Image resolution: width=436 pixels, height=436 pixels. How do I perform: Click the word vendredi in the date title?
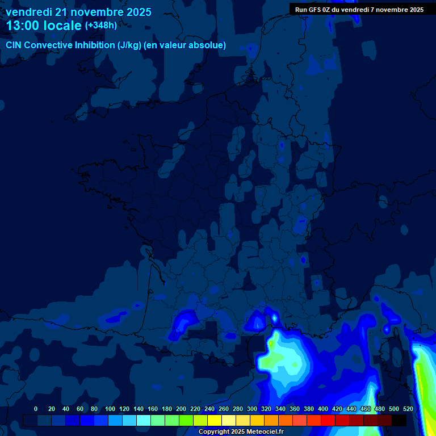(28, 12)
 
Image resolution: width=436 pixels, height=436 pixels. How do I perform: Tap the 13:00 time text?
(23, 26)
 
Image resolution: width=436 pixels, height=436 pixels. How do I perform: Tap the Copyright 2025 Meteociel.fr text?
(241, 431)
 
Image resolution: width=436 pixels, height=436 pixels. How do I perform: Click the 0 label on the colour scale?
(36, 409)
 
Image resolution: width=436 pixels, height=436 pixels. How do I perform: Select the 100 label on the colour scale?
(108, 409)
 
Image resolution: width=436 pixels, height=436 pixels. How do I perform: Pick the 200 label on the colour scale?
(181, 409)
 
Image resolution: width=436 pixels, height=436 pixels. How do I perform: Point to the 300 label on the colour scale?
(252, 409)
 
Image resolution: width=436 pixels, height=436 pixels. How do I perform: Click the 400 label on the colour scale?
(323, 409)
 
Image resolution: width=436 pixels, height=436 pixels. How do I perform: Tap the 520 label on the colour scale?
(408, 409)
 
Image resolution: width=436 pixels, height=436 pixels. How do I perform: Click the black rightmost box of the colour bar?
(399, 420)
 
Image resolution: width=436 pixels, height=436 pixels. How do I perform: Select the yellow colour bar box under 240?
(215, 420)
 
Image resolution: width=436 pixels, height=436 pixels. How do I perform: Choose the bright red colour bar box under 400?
(328, 420)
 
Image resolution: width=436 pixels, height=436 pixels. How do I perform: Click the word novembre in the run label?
(387, 10)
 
